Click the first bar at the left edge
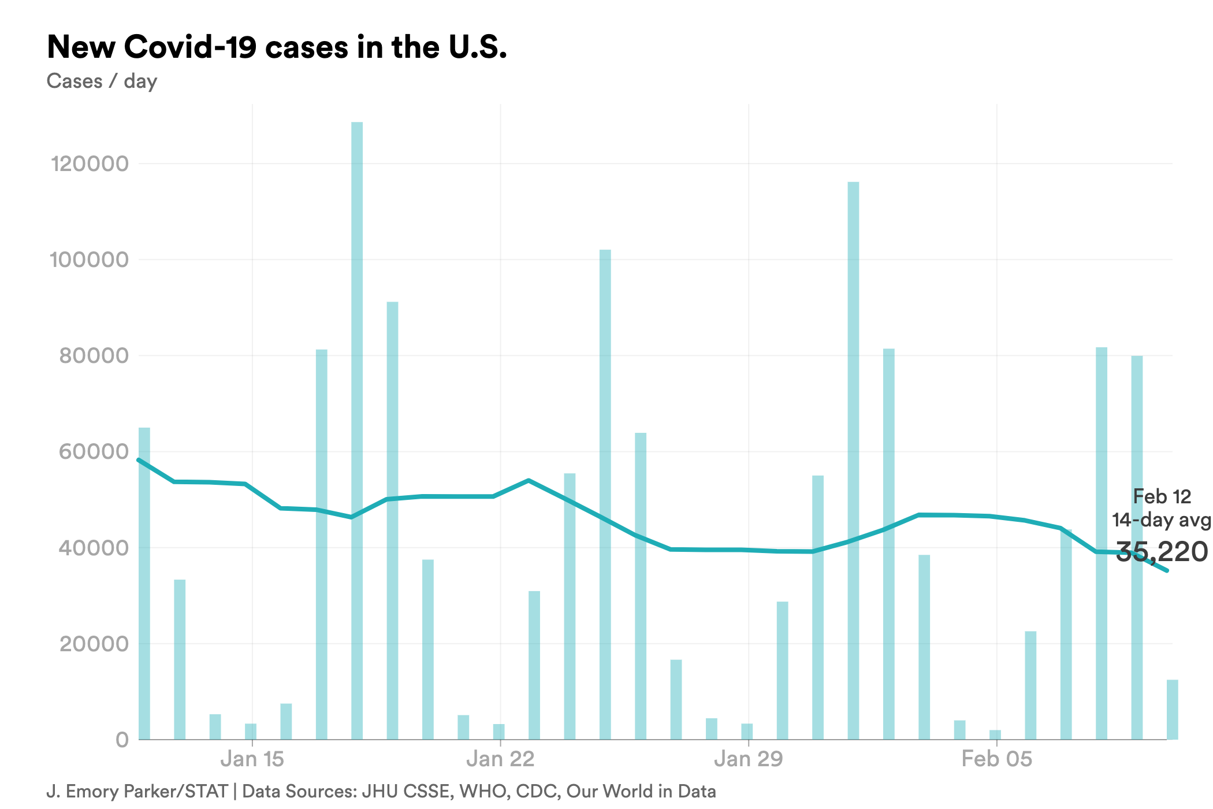[x=144, y=584]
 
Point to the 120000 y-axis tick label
[x=90, y=164]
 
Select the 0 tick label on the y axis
[x=122, y=740]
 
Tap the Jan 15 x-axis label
[x=252, y=759]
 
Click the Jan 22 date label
[x=500, y=759]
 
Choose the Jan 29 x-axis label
[x=748, y=759]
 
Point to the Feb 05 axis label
[x=996, y=759]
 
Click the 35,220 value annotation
[x=1161, y=552]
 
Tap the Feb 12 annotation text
[x=1162, y=496]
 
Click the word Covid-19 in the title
[x=190, y=47]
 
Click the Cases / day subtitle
[x=102, y=81]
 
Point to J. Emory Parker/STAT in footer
[x=137, y=791]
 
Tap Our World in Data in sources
[x=641, y=791]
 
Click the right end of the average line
[x=1167, y=570]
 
